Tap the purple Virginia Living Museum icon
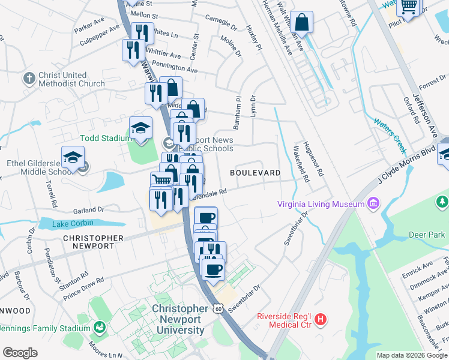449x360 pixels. click(373, 203)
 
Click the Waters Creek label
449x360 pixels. click(390, 133)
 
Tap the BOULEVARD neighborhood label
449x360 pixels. click(255, 173)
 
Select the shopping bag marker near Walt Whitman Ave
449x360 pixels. click(304, 22)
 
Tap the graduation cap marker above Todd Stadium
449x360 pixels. click(140, 128)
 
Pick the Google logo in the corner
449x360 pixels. click(20, 353)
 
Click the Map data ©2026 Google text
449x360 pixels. click(411, 355)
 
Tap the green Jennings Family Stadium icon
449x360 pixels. click(100, 328)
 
